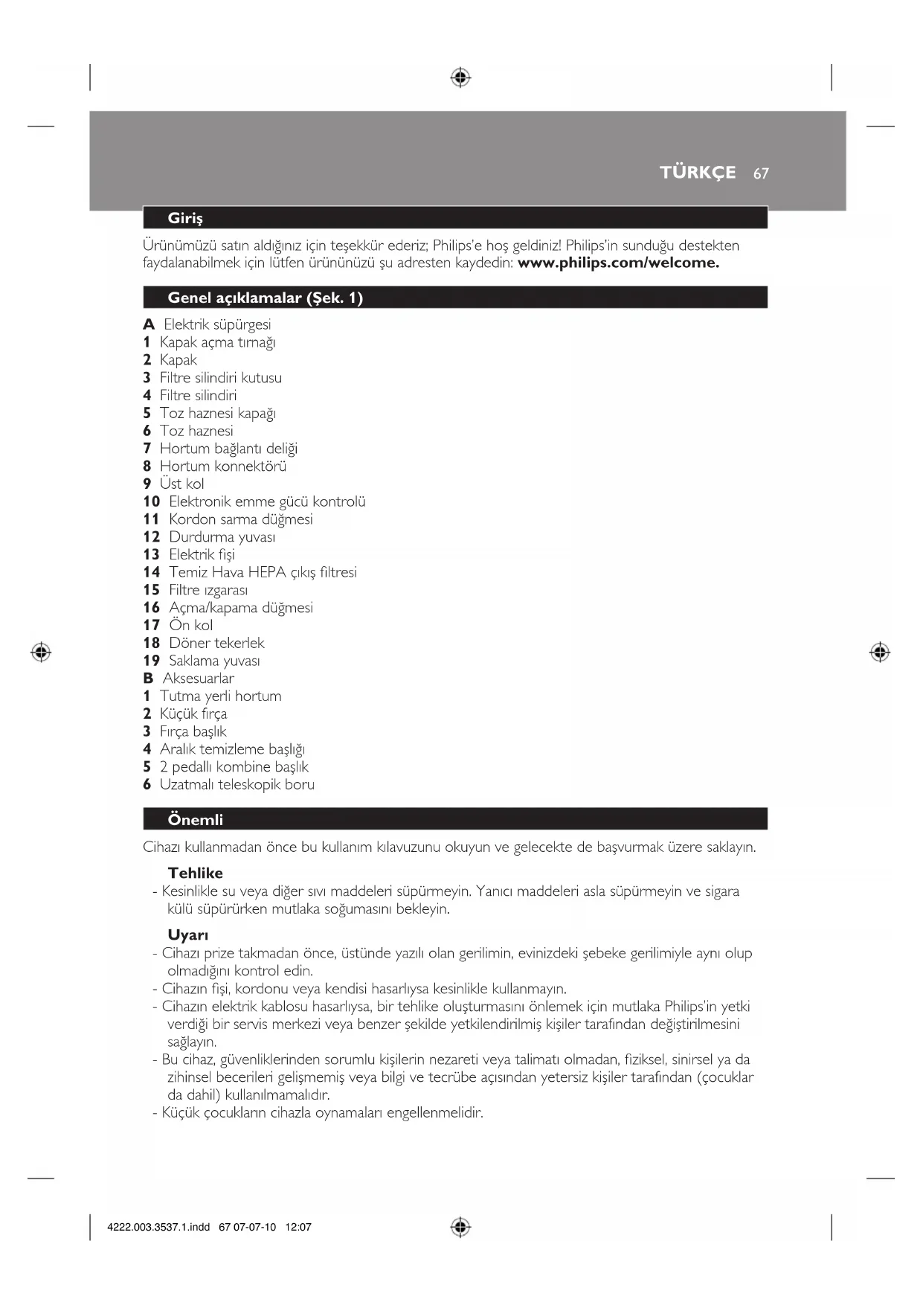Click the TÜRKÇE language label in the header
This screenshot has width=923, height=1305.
click(x=697, y=173)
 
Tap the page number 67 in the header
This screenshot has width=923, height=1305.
click(x=760, y=173)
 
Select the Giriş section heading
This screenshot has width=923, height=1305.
click(x=185, y=218)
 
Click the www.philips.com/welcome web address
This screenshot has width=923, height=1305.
click(x=618, y=263)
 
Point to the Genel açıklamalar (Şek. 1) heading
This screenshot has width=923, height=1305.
click(x=265, y=298)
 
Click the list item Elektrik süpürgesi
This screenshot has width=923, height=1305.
click(x=217, y=324)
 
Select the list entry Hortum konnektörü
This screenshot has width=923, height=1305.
click(x=222, y=466)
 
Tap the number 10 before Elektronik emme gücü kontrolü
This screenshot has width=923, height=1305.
click(x=152, y=501)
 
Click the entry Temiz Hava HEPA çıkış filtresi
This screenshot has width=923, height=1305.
click(x=263, y=572)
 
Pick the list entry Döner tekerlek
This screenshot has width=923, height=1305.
click(x=216, y=643)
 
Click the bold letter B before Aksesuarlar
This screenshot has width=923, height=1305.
click(x=148, y=679)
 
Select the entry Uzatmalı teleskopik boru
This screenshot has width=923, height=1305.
click(x=237, y=784)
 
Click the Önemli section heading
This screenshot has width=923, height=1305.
click(x=195, y=820)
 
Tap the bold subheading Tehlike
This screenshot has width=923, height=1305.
click(x=195, y=873)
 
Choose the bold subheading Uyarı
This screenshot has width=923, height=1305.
click(x=187, y=935)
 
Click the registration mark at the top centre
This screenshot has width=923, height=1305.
click(x=460, y=77)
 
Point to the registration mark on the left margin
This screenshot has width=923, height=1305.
click(x=41, y=652)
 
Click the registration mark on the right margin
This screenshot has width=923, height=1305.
click(x=880, y=652)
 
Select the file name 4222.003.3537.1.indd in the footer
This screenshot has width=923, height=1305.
click(x=158, y=1227)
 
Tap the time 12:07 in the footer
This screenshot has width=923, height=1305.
click(x=298, y=1227)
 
